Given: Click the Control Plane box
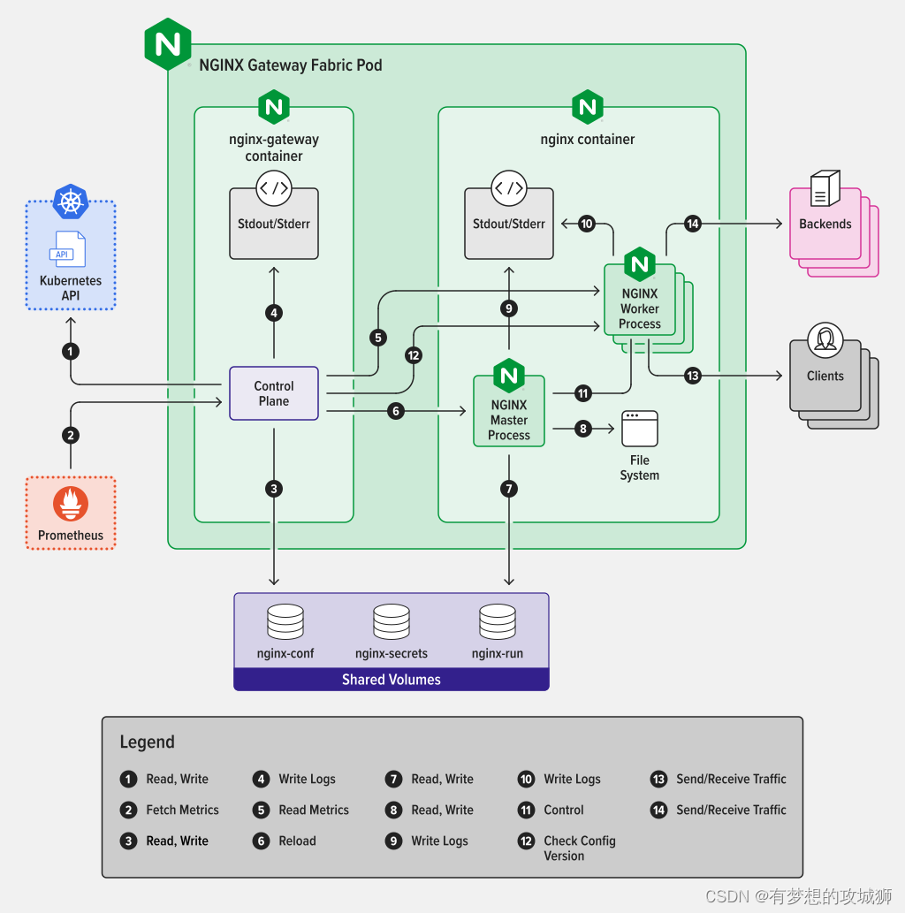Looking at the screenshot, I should (x=274, y=393).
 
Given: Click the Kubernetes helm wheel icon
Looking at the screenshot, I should (x=71, y=202).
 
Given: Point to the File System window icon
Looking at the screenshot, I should (x=640, y=428).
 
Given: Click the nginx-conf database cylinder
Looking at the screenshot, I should (x=285, y=622).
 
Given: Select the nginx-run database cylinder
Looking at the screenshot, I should (x=498, y=622).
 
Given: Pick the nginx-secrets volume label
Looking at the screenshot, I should (x=392, y=654).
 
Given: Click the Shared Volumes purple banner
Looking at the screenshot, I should (x=392, y=680).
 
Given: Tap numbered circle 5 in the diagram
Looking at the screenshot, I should (x=378, y=337).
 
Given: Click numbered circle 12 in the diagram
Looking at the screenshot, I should (x=414, y=354).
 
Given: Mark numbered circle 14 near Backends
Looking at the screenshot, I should (x=693, y=224).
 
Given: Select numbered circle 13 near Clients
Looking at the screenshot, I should (x=693, y=376).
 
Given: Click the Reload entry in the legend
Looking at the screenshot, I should (x=297, y=841).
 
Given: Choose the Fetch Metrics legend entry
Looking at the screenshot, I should (x=182, y=810).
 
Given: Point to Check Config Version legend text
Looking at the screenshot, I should (x=579, y=848).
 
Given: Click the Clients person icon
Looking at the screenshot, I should (x=825, y=339).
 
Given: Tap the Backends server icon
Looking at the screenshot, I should (x=825, y=187).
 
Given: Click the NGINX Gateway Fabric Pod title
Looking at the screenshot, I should (x=291, y=65).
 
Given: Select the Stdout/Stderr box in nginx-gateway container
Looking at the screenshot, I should (x=274, y=224).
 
